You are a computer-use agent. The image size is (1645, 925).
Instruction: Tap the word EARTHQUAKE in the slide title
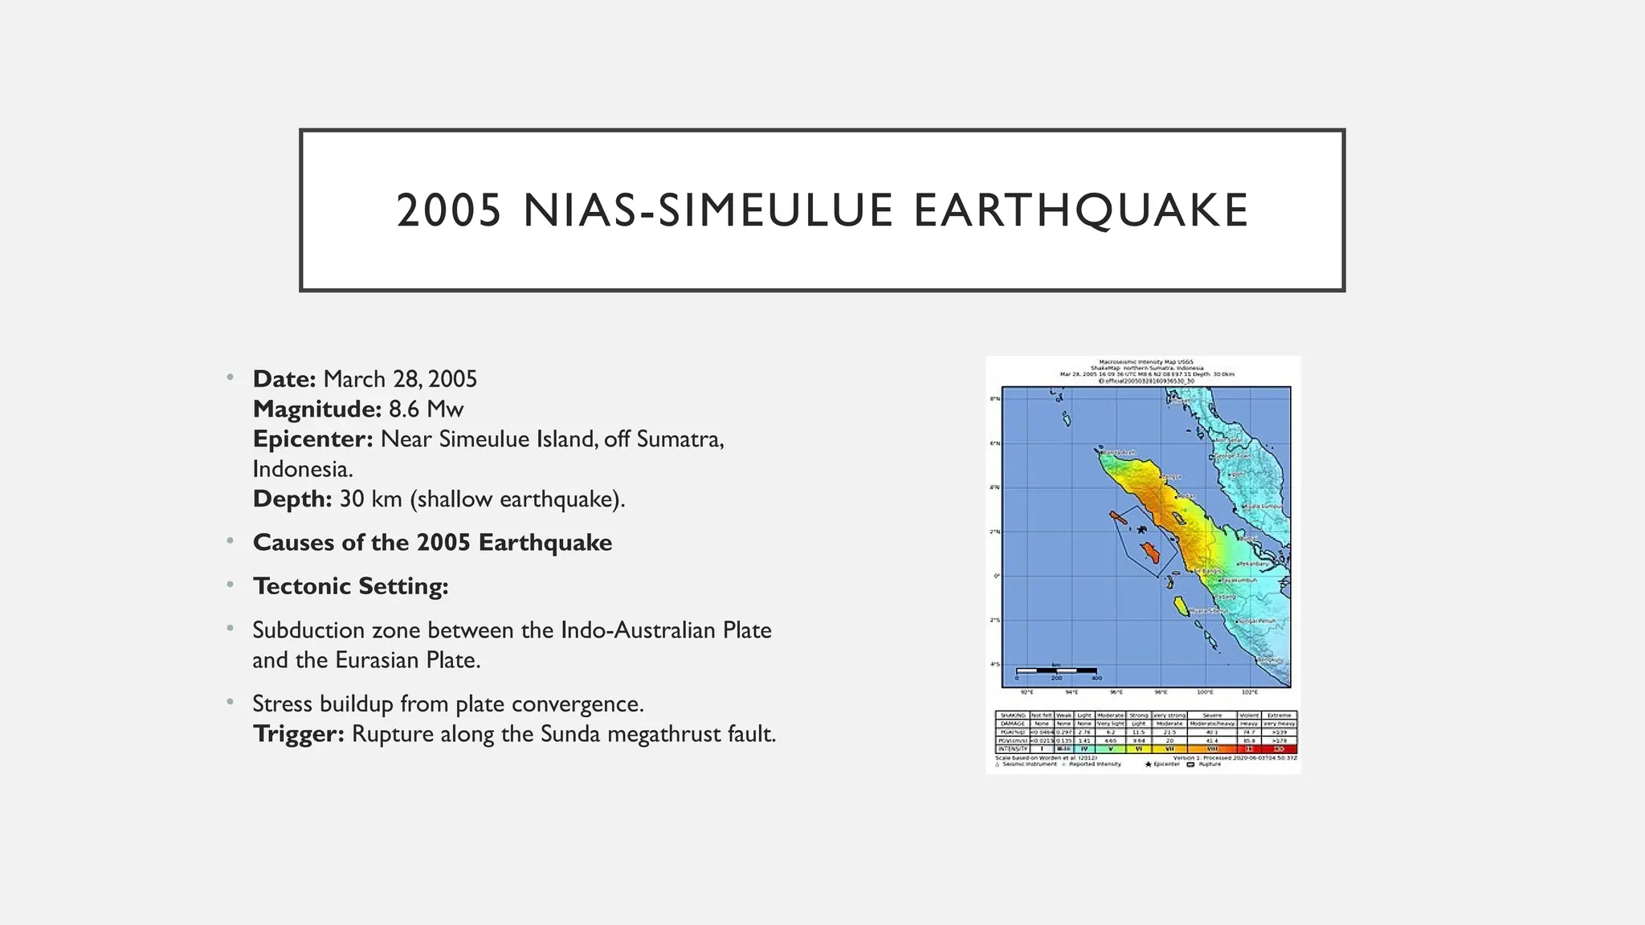[1080, 210]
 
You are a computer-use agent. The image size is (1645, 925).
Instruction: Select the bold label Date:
[284, 379]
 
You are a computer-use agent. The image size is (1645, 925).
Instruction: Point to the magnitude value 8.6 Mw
[426, 410]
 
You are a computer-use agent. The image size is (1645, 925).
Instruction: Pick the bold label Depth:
[292, 499]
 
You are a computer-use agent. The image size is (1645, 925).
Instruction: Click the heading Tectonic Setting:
[350, 586]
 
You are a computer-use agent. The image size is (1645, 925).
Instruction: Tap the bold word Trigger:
[298, 734]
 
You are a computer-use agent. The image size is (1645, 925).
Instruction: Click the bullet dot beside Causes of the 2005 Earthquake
[231, 542]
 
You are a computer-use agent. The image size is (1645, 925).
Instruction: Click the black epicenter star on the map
[1141, 528]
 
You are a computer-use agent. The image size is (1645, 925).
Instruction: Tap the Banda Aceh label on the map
[1118, 453]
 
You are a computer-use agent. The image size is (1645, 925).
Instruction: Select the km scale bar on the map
[1056, 670]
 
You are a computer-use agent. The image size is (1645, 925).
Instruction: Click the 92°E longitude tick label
[1027, 691]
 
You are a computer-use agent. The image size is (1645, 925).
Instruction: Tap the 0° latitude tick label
[996, 576]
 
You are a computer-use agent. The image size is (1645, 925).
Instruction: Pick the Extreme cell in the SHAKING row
[1279, 715]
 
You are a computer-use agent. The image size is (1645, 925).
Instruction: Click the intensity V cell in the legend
[1111, 748]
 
